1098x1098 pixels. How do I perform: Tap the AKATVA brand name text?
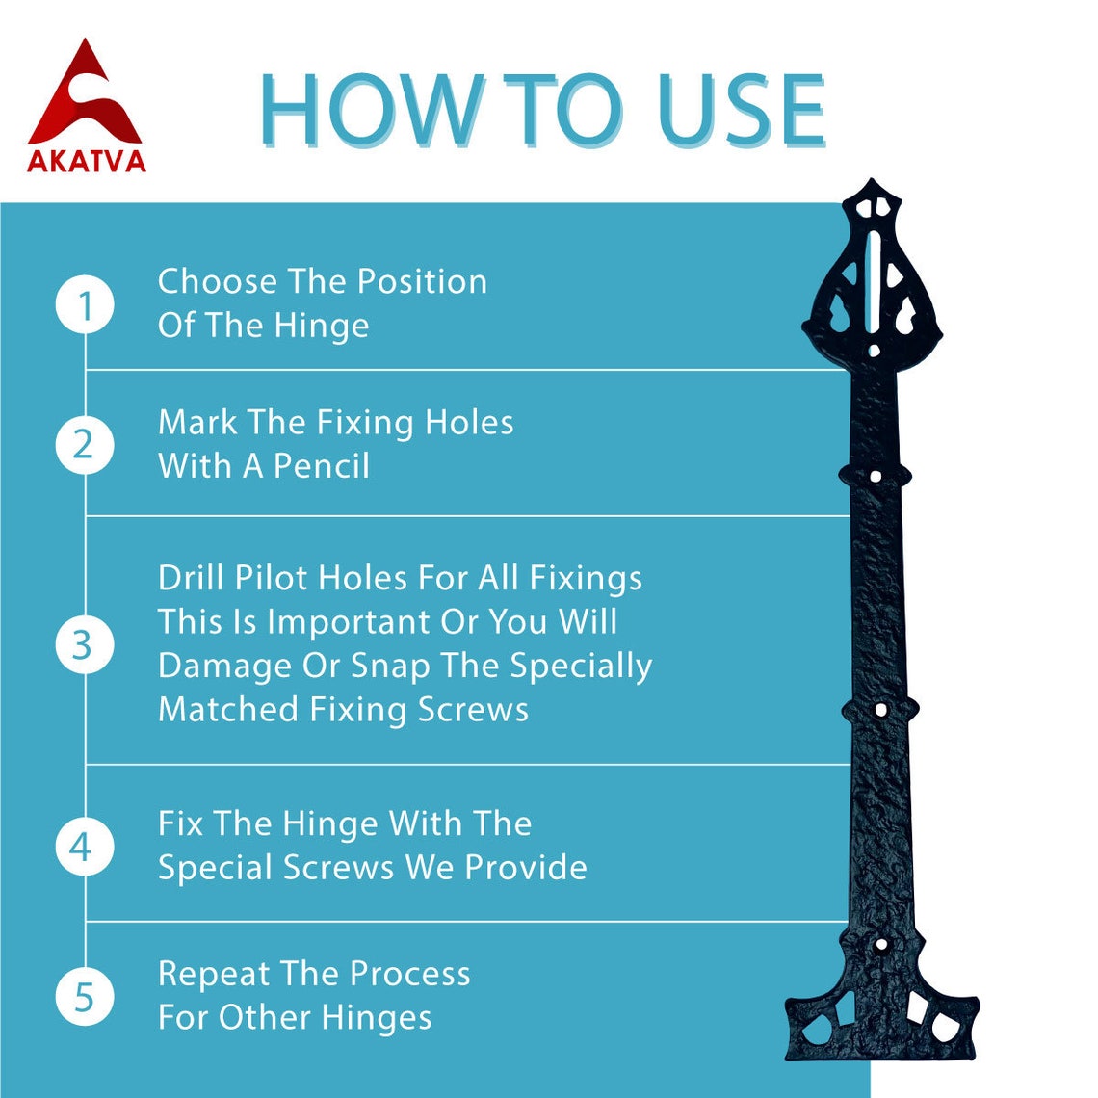(x=86, y=162)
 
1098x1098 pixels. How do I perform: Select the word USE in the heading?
(x=743, y=111)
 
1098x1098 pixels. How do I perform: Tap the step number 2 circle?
(x=85, y=445)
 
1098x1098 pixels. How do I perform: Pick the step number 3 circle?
(x=85, y=645)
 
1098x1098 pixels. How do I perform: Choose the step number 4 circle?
(x=85, y=847)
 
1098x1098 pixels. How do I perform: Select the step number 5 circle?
(x=85, y=997)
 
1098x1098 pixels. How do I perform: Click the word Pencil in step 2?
(x=322, y=466)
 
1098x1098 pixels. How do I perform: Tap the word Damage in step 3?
(x=224, y=667)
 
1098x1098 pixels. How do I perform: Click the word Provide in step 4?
(x=526, y=868)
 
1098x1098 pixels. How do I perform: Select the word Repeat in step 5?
(x=214, y=975)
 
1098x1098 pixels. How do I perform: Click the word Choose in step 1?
(x=217, y=282)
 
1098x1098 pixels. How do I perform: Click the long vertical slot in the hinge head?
(x=873, y=283)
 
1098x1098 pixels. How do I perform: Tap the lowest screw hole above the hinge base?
(x=881, y=945)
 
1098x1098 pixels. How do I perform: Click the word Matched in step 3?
(x=228, y=710)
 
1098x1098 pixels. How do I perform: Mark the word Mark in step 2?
(x=197, y=423)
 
